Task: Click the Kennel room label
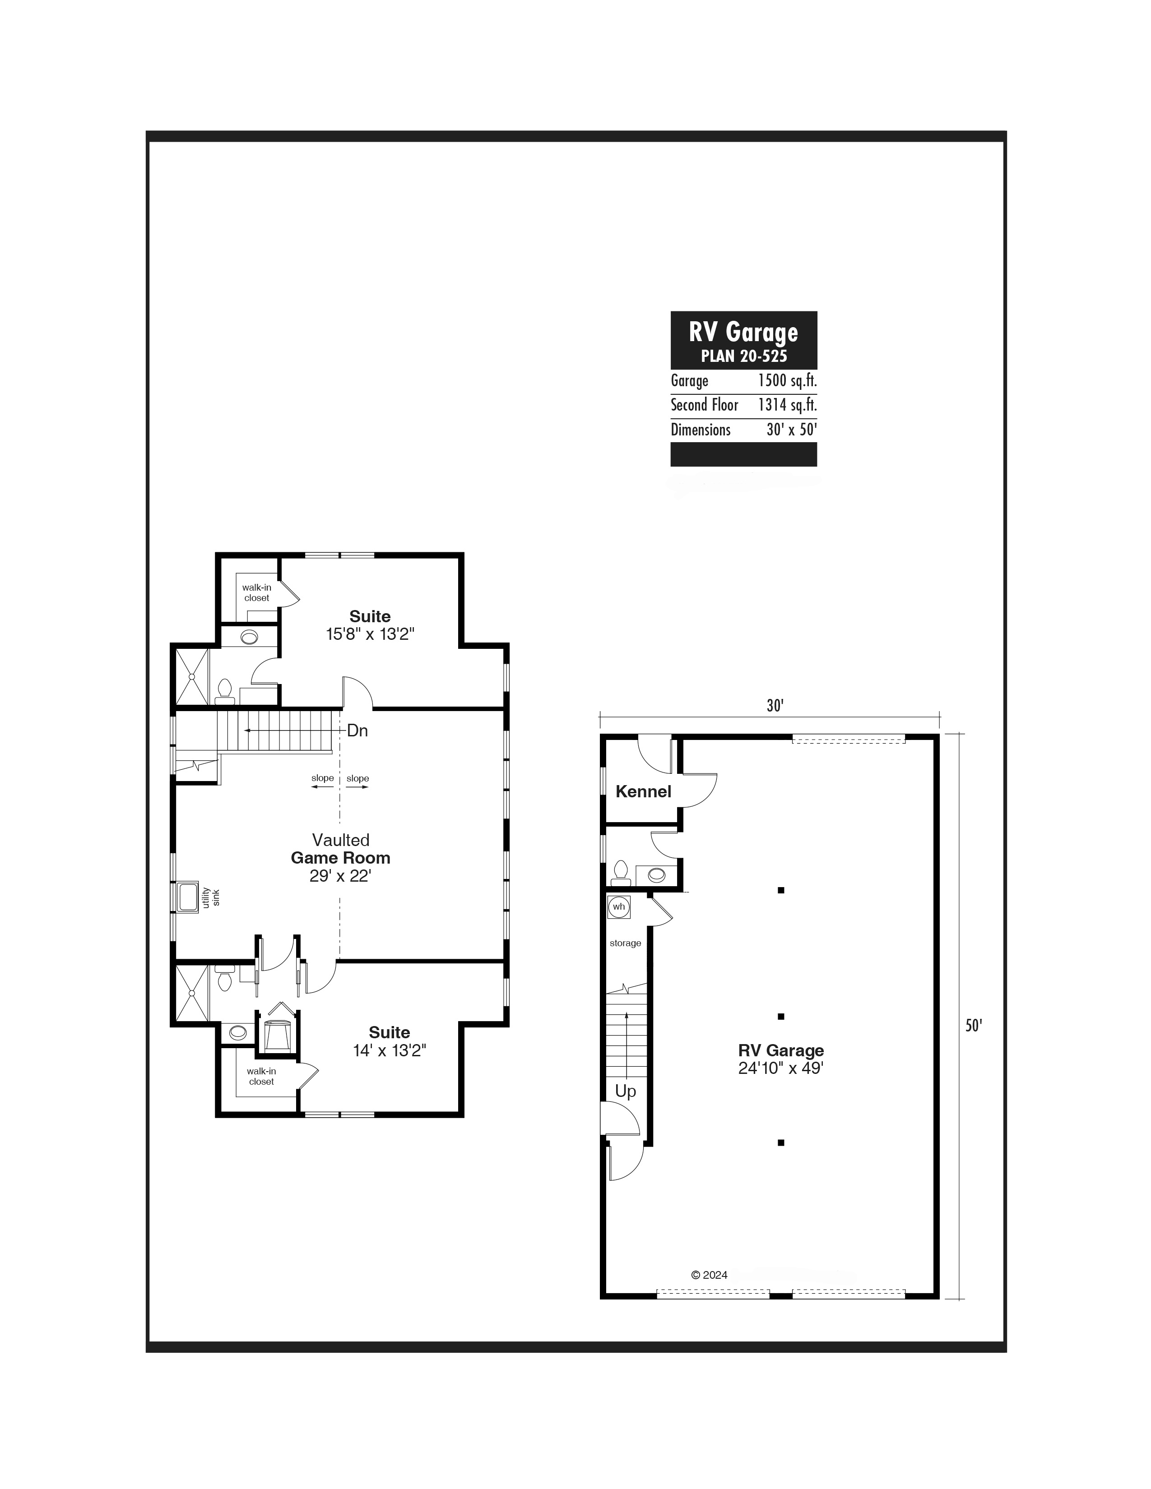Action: click(643, 791)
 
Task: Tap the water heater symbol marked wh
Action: click(618, 907)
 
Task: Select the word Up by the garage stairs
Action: click(625, 1091)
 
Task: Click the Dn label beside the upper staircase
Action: click(357, 731)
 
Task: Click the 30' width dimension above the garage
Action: click(775, 706)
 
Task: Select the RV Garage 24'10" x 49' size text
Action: click(781, 1068)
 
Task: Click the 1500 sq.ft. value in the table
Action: click(788, 380)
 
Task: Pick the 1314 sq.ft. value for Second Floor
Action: click(788, 405)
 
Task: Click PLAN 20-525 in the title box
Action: click(744, 356)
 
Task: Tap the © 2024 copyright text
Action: click(709, 1275)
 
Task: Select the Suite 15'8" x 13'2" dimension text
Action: click(370, 634)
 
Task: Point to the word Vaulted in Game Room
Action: click(341, 840)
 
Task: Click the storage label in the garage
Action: click(625, 943)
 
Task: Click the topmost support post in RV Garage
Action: click(781, 890)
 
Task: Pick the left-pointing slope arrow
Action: click(323, 787)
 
